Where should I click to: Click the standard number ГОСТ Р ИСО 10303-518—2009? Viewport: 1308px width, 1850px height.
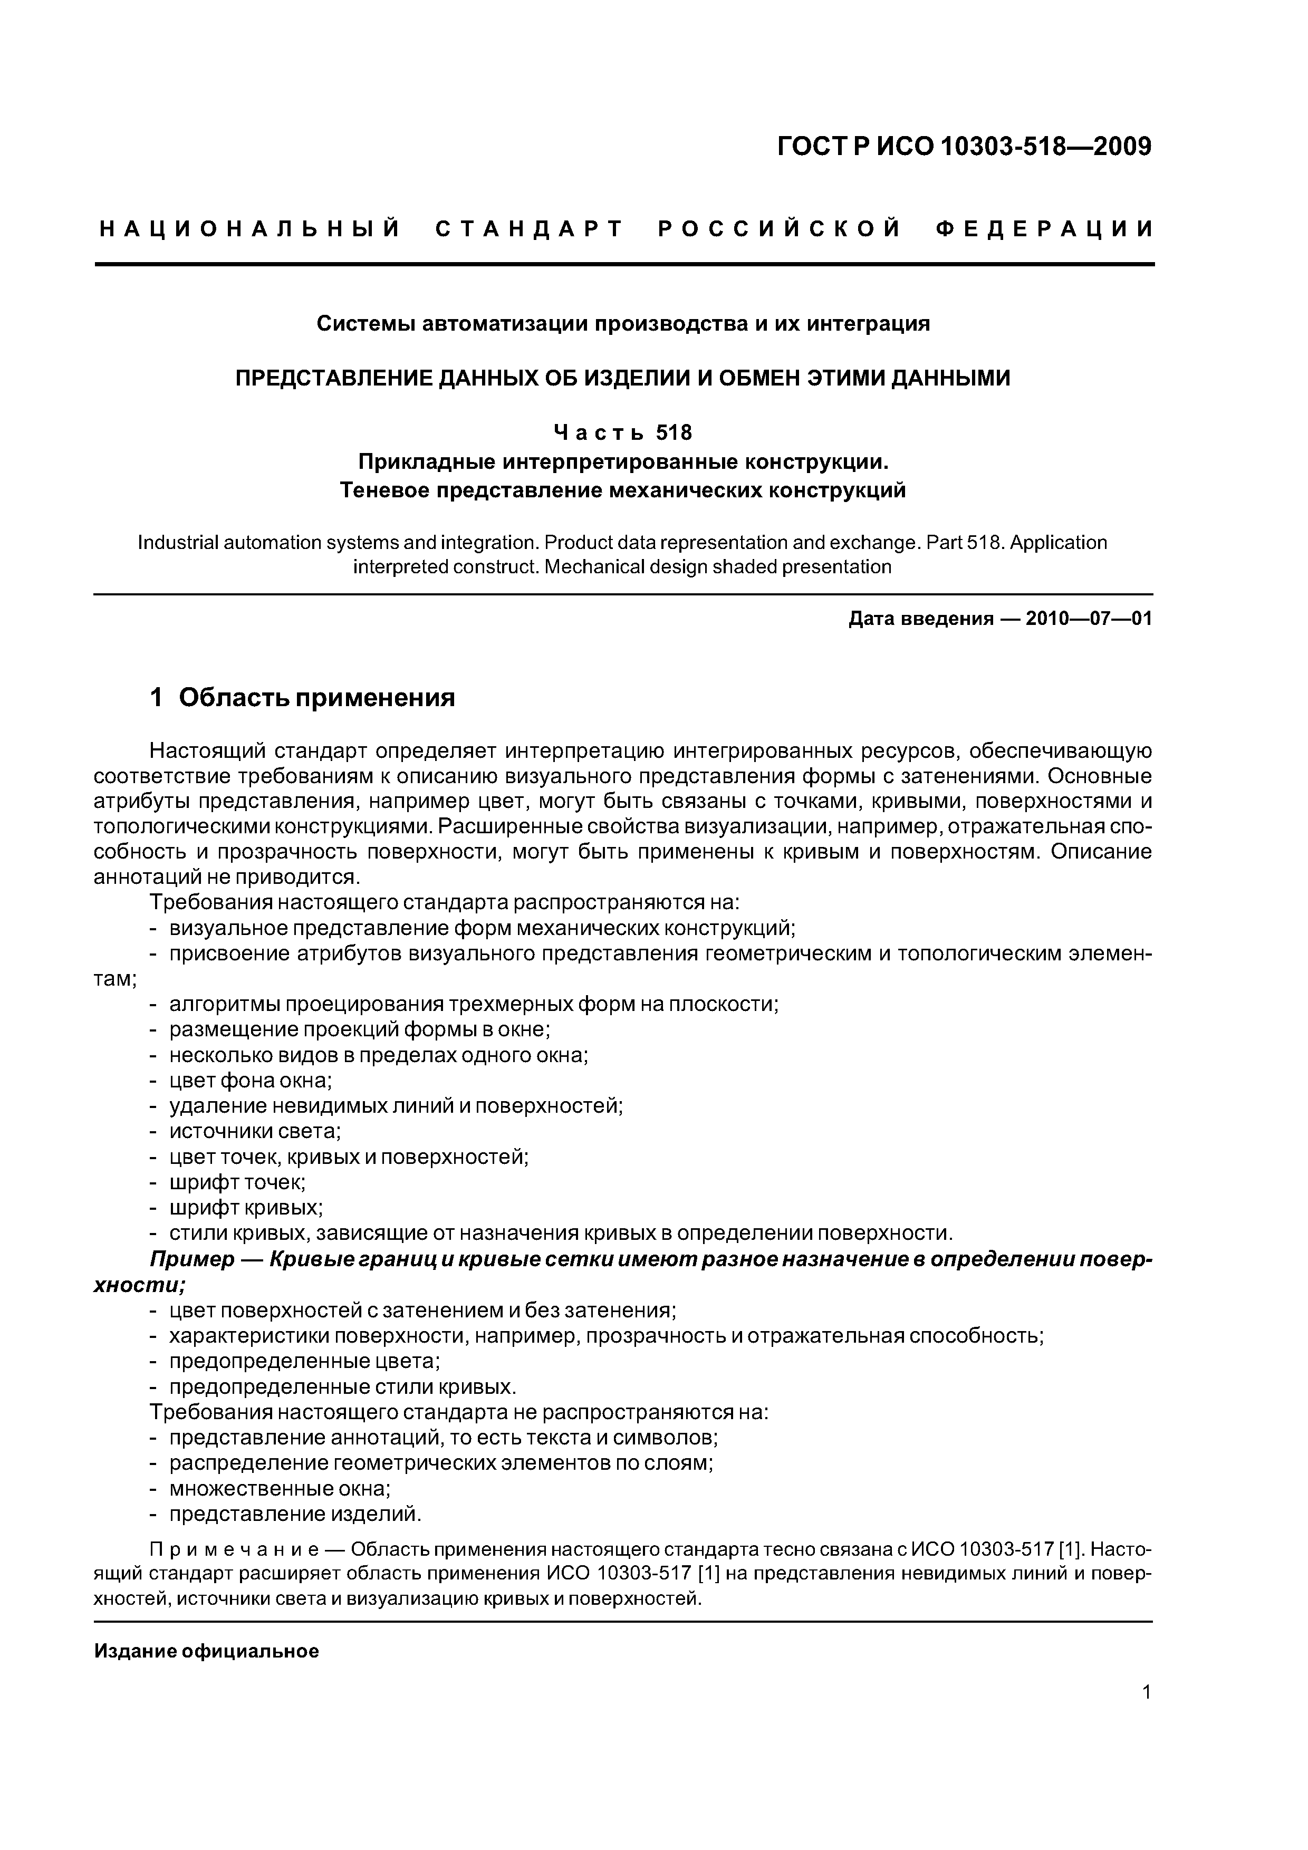tap(964, 147)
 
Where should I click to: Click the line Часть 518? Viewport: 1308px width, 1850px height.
tap(622, 433)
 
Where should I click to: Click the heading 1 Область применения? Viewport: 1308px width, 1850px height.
tap(303, 697)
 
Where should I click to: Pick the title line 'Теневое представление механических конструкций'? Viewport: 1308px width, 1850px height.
tap(622, 490)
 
